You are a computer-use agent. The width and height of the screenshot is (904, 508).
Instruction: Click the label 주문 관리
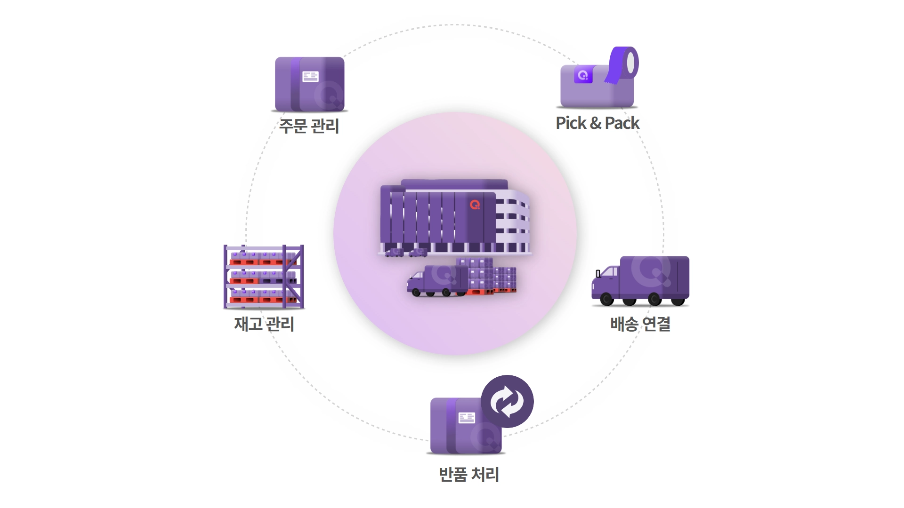pyautogui.click(x=309, y=126)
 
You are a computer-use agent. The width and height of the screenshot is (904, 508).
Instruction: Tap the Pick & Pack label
pyautogui.click(x=597, y=123)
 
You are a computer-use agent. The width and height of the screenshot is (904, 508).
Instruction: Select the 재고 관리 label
pyautogui.click(x=264, y=324)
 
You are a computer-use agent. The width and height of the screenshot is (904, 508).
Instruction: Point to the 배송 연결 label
pyautogui.click(x=640, y=324)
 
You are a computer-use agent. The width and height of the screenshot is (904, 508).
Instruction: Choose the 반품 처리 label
pyautogui.click(x=469, y=474)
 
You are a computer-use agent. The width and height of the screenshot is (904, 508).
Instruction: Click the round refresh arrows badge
pyautogui.click(x=507, y=401)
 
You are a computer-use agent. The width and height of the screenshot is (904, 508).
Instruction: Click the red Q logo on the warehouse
pyautogui.click(x=475, y=205)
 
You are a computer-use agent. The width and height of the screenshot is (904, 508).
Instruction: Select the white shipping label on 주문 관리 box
pyautogui.click(x=311, y=76)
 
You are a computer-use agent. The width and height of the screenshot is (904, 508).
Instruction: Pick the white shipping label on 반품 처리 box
pyautogui.click(x=467, y=418)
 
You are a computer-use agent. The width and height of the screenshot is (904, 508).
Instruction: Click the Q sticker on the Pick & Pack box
pyautogui.click(x=583, y=75)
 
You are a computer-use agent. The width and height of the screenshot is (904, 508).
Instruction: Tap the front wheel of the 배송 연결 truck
pyautogui.click(x=607, y=299)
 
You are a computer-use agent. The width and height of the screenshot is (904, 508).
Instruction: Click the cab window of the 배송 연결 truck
pyautogui.click(x=610, y=272)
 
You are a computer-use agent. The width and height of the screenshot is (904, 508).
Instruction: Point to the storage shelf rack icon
pyautogui.click(x=264, y=277)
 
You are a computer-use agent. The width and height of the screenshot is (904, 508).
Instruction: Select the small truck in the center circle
pyautogui.click(x=437, y=281)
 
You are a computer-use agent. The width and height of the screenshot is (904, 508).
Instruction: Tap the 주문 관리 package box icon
pyautogui.click(x=310, y=84)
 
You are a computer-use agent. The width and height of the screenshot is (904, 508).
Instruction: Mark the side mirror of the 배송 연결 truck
pyautogui.click(x=598, y=274)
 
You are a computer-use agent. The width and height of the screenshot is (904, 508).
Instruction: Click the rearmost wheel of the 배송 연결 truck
pyautogui.click(x=678, y=300)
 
